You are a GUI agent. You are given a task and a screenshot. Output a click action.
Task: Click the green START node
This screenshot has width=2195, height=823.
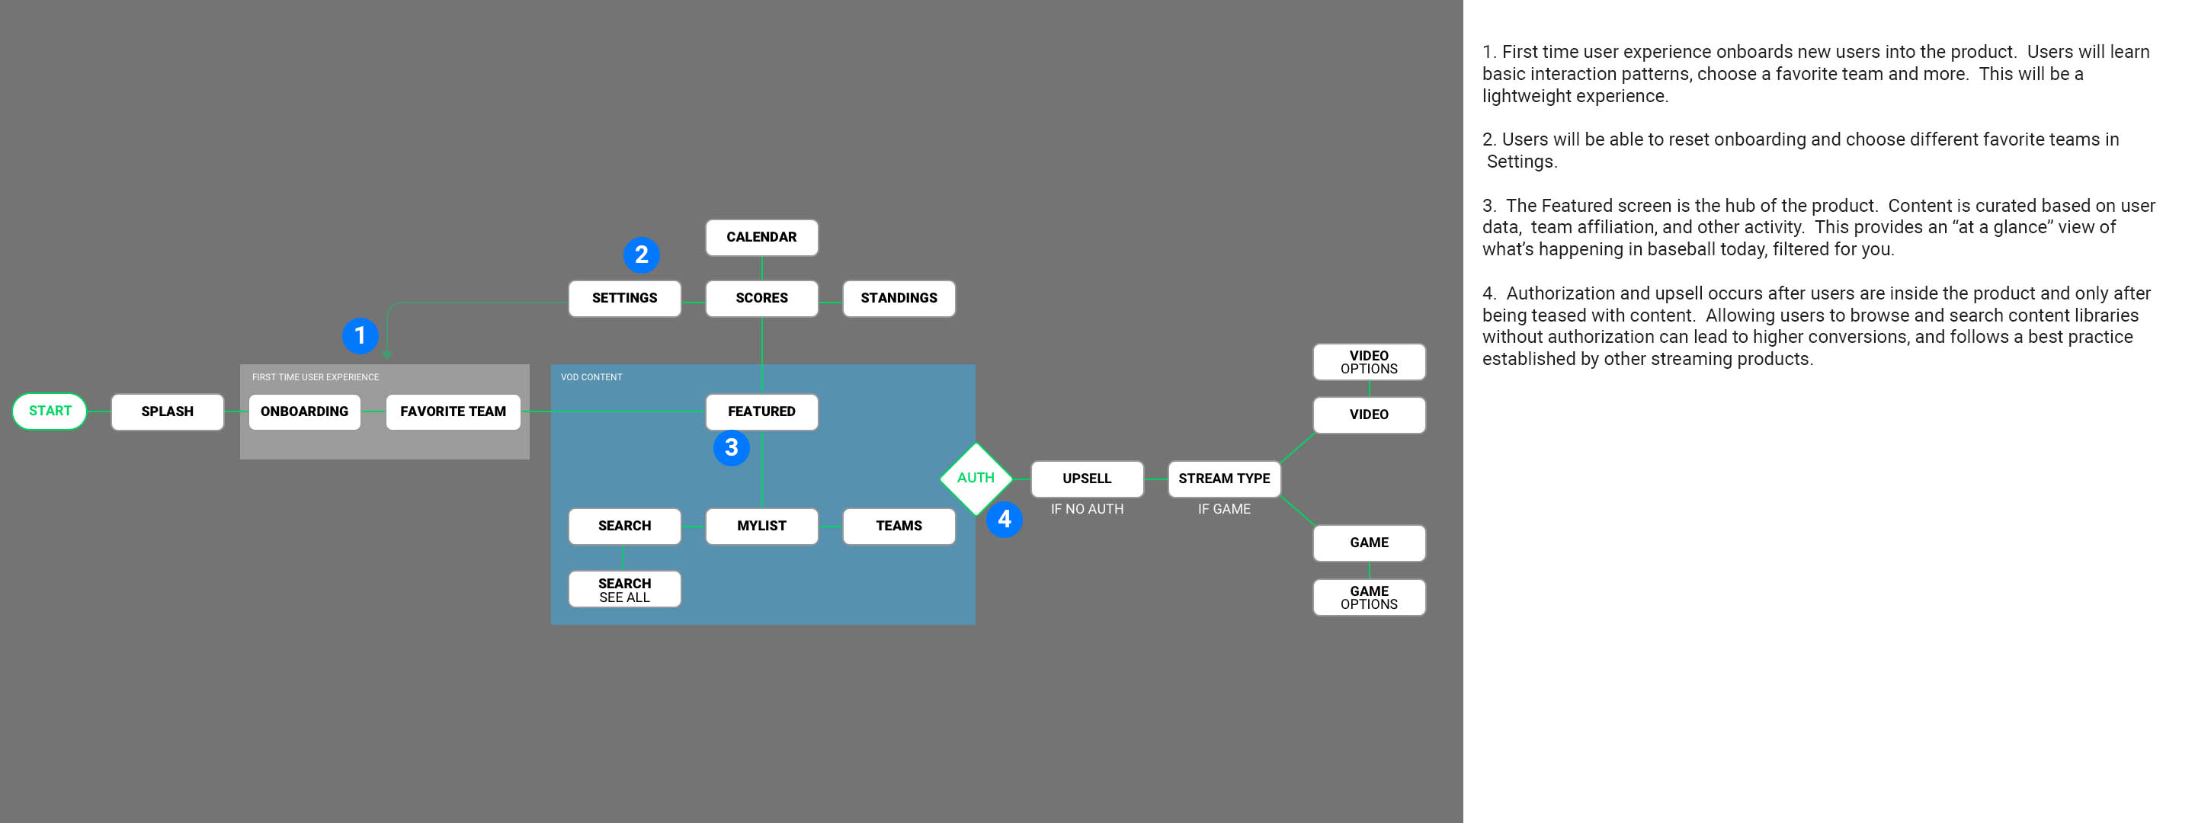pos(50,411)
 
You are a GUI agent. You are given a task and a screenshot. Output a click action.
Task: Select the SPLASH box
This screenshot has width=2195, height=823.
pos(167,411)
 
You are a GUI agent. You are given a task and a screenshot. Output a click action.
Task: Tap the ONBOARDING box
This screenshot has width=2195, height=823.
pos(304,411)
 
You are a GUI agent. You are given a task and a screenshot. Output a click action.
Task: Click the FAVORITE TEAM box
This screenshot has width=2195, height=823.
pos(453,411)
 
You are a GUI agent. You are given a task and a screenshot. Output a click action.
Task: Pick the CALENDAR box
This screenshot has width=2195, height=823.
pos(761,238)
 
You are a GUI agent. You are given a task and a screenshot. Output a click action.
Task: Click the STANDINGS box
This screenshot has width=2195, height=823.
pos(898,298)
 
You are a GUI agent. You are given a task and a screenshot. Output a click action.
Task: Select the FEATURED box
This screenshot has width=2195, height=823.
pos(761,411)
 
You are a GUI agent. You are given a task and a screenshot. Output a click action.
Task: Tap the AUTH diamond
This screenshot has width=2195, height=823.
pos(975,478)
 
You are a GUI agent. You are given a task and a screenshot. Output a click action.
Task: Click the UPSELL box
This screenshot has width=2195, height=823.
pos(1086,479)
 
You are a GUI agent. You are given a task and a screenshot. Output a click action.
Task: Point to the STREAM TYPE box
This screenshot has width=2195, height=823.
pos(1223,479)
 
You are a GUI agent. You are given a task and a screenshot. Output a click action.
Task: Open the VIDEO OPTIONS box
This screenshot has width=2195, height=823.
pos(1369,362)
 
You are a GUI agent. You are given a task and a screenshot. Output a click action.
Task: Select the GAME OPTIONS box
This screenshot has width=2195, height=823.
pos(1369,597)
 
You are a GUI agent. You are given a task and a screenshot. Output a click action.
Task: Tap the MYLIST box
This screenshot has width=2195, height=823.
pos(761,527)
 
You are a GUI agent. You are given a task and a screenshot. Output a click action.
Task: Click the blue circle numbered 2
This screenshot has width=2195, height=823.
pos(641,255)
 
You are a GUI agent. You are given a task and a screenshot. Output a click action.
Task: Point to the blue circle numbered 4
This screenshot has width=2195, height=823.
pos(1004,519)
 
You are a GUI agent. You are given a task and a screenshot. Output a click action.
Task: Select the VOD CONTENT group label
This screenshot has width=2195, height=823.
pos(591,377)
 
